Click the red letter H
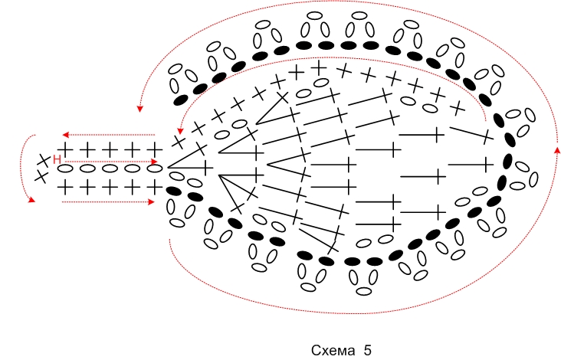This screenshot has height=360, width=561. pyautogui.click(x=57, y=159)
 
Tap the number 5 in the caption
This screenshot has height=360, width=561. pyautogui.click(x=368, y=350)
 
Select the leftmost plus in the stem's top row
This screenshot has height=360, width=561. pyautogui.click(x=65, y=150)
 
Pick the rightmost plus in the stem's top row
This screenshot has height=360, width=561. pyautogui.click(x=155, y=150)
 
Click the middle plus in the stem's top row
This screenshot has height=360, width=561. pyautogui.click(x=110, y=150)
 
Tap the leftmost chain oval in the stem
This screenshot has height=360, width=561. pyautogui.click(x=65, y=169)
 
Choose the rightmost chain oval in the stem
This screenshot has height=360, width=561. pyautogui.click(x=155, y=169)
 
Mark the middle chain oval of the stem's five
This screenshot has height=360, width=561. pyautogui.click(x=110, y=169)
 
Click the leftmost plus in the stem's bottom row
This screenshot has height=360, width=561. pyautogui.click(x=65, y=188)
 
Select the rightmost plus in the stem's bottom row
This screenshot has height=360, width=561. pyautogui.click(x=155, y=188)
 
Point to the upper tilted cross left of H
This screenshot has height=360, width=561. pyautogui.click(x=44, y=160)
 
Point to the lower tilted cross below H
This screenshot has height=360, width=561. pyautogui.click(x=41, y=177)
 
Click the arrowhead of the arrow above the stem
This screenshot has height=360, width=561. pyautogui.click(x=65, y=135)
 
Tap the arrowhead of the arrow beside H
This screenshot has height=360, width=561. pyautogui.click(x=154, y=162)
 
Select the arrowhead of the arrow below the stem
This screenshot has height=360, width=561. pyautogui.click(x=151, y=202)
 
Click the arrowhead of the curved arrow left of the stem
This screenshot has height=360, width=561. pyautogui.click(x=32, y=200)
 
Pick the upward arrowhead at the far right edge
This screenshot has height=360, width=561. pyautogui.click(x=557, y=150)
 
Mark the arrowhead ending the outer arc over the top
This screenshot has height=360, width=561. pyautogui.click(x=140, y=109)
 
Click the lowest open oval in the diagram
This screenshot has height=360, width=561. pyautogui.click(x=364, y=291)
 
